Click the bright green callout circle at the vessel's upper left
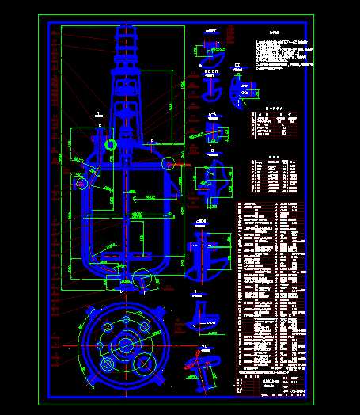coord(110,145)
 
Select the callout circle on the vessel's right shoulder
coord(169,164)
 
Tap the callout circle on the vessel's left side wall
coord(81,184)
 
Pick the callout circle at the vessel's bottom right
coord(142,277)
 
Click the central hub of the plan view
coord(124,345)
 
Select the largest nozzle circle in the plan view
coord(144,364)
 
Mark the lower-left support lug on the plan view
coord(88,382)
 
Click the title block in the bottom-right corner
coord(269,387)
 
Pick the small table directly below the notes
coord(273,124)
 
